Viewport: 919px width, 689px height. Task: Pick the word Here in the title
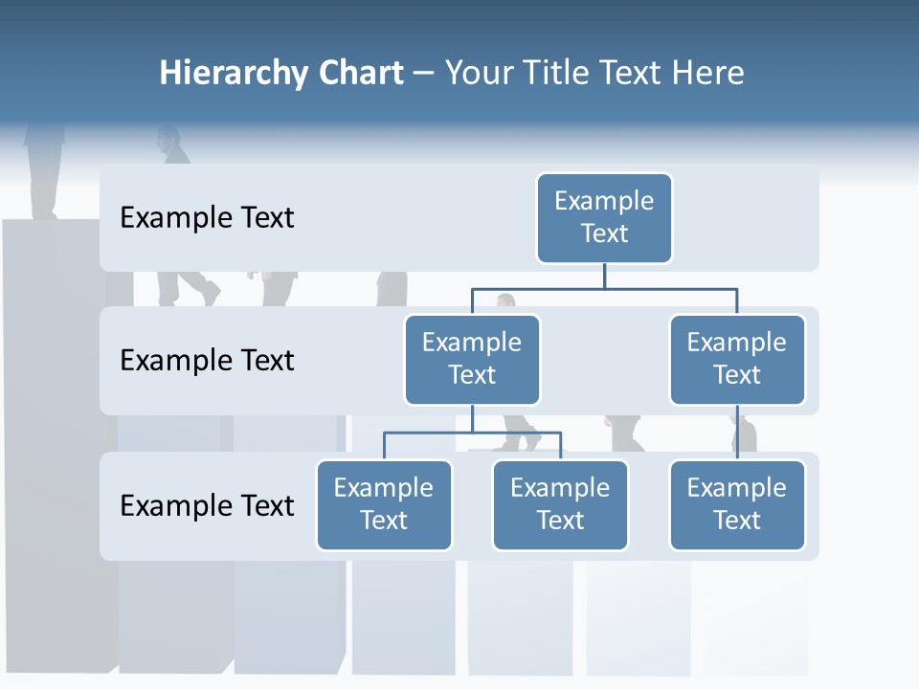(x=705, y=74)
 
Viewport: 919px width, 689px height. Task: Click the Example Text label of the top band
(x=207, y=218)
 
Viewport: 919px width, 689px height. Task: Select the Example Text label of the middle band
(x=207, y=361)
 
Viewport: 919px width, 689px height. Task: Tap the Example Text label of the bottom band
(x=207, y=505)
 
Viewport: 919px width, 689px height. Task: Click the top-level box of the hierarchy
(x=604, y=218)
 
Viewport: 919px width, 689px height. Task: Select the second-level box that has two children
(x=472, y=360)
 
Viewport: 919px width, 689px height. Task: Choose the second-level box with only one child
(x=737, y=360)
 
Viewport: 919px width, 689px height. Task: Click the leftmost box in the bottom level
(x=384, y=505)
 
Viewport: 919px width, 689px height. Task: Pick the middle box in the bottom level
(x=560, y=505)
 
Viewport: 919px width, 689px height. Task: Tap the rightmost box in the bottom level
(x=737, y=505)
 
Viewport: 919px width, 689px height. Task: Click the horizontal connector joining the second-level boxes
(x=604, y=288)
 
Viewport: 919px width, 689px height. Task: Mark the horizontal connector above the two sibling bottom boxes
(x=472, y=433)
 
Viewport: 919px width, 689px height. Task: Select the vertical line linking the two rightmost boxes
(x=737, y=433)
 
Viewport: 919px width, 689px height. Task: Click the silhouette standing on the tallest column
(x=44, y=167)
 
